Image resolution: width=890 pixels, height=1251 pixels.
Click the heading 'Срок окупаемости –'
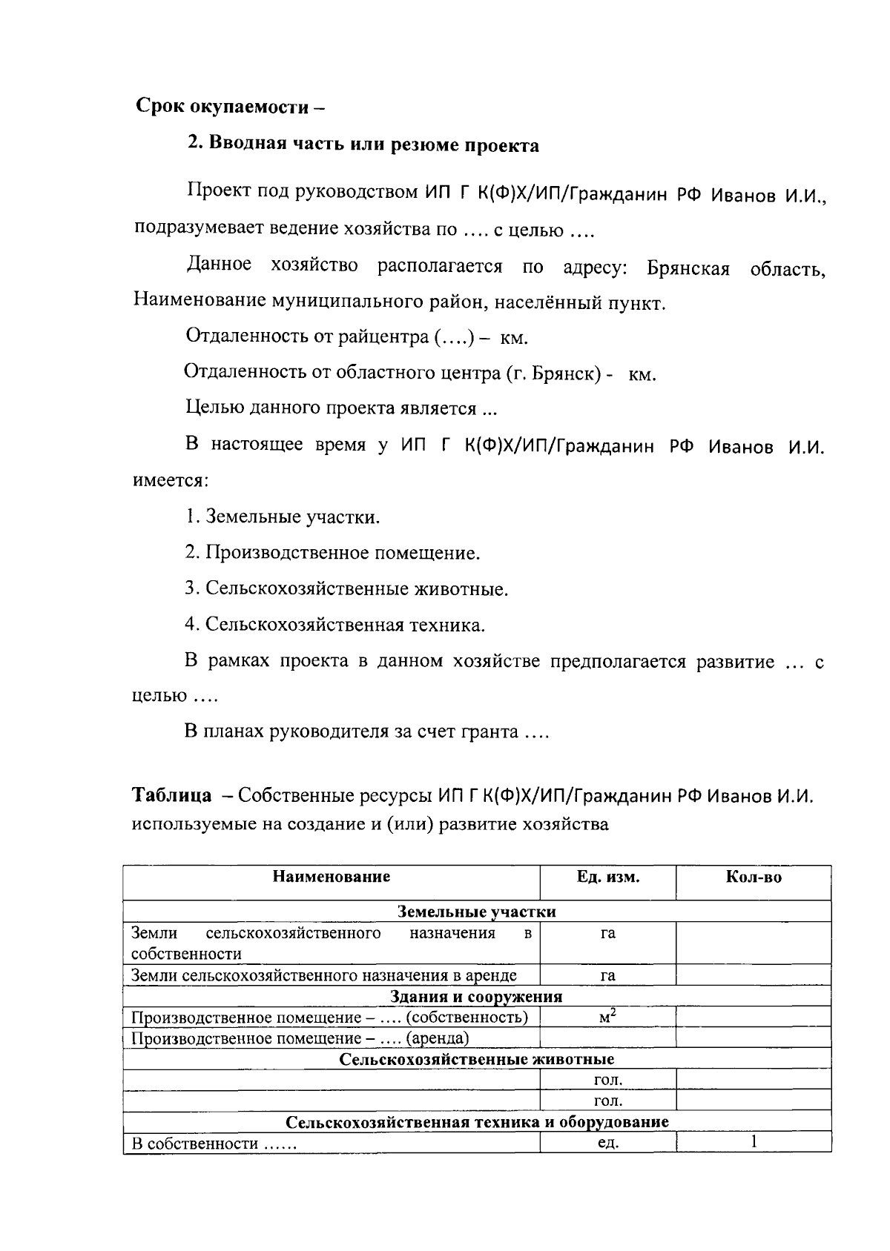[x=231, y=106]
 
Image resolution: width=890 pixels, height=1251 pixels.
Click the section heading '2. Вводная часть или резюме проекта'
[x=363, y=145]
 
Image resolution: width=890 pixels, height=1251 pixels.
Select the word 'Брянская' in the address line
[x=688, y=268]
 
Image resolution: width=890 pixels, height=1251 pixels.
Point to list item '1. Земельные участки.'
[x=283, y=517]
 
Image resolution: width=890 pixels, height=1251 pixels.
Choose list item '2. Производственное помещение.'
[x=332, y=553]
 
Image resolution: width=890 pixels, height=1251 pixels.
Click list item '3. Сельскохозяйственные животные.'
[x=346, y=589]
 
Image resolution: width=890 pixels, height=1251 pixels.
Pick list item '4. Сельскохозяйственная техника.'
[x=334, y=625]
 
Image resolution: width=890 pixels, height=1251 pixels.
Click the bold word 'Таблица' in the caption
[x=171, y=796]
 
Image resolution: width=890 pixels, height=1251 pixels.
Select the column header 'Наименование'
[x=331, y=877]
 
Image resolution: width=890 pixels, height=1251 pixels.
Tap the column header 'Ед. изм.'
[x=608, y=877]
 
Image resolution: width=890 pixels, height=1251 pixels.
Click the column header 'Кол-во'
[x=753, y=877]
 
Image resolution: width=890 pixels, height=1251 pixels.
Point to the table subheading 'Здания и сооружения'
[x=476, y=996]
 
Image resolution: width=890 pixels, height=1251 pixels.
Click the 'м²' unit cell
[x=608, y=1017]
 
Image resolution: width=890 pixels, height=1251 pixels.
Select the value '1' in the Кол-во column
[x=754, y=1142]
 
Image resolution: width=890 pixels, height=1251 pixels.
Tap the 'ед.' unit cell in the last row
[x=608, y=1143]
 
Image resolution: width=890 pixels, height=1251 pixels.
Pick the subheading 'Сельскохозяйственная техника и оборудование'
[x=477, y=1122]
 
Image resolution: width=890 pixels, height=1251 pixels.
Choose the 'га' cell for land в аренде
[x=608, y=975]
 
